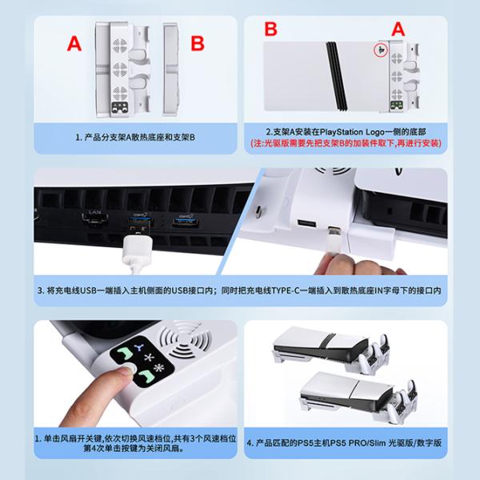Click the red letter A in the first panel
click(74, 43)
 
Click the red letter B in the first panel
click(198, 43)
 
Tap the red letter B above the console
click(270, 29)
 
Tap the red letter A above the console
click(398, 30)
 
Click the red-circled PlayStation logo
click(381, 50)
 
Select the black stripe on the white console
click(336, 76)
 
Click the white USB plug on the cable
click(138, 250)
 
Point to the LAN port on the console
click(95, 218)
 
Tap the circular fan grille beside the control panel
click(186, 339)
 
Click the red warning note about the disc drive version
click(346, 143)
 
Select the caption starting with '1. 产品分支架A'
click(135, 138)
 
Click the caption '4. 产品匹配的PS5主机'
click(344, 442)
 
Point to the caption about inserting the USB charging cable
click(239, 290)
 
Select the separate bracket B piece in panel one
click(170, 69)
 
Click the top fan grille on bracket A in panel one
click(119, 46)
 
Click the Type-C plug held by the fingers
click(334, 240)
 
